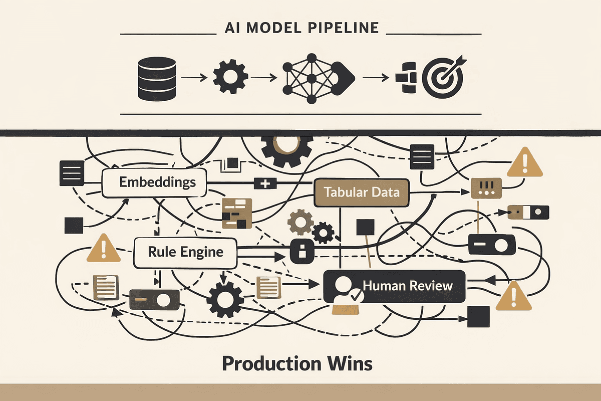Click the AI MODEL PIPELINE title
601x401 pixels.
(x=301, y=28)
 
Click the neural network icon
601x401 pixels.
(x=311, y=78)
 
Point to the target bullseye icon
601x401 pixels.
(x=443, y=78)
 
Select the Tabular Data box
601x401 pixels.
(x=361, y=192)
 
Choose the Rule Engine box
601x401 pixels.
(x=185, y=252)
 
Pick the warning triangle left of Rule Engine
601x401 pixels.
(x=104, y=249)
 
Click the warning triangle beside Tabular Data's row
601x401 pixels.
(x=525, y=163)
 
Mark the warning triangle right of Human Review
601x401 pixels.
(x=513, y=297)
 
